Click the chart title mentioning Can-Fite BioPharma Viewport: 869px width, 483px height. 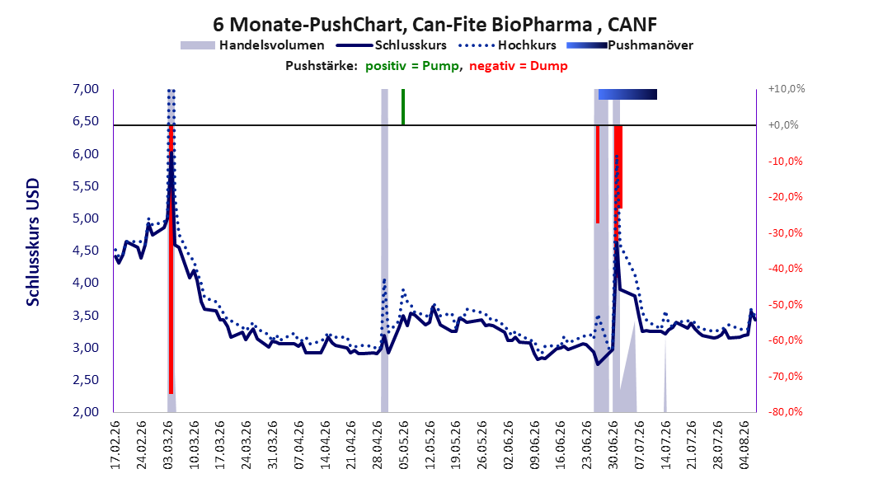pyautogui.click(x=435, y=25)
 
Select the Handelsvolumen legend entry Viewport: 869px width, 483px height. pyautogui.click(x=252, y=45)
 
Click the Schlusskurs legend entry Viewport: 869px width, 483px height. pyautogui.click(x=392, y=45)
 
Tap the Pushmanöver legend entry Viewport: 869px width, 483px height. pyautogui.click(x=630, y=45)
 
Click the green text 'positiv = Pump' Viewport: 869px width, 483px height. pyautogui.click(x=411, y=66)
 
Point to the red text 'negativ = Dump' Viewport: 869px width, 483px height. pyautogui.click(x=519, y=66)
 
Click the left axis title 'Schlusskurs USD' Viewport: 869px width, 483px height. pyautogui.click(x=33, y=242)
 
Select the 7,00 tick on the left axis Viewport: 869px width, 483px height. pyautogui.click(x=86, y=89)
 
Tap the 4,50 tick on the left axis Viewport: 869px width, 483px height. pyautogui.click(x=86, y=251)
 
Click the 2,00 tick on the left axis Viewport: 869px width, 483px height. pyautogui.click(x=86, y=411)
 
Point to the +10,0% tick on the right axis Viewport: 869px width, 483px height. pyautogui.click(x=787, y=89)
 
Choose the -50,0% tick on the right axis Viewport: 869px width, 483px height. pyautogui.click(x=785, y=304)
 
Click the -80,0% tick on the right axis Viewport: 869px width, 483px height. pyautogui.click(x=785, y=411)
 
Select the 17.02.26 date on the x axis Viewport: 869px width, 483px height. pyautogui.click(x=115, y=445)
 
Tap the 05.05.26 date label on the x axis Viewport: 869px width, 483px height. pyautogui.click(x=403, y=445)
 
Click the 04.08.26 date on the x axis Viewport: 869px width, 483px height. pyautogui.click(x=745, y=445)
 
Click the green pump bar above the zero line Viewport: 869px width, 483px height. pyautogui.click(x=403, y=107)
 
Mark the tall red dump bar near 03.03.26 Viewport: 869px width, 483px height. pyautogui.click(x=171, y=260)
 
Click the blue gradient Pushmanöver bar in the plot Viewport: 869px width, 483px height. pyautogui.click(x=627, y=94)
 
